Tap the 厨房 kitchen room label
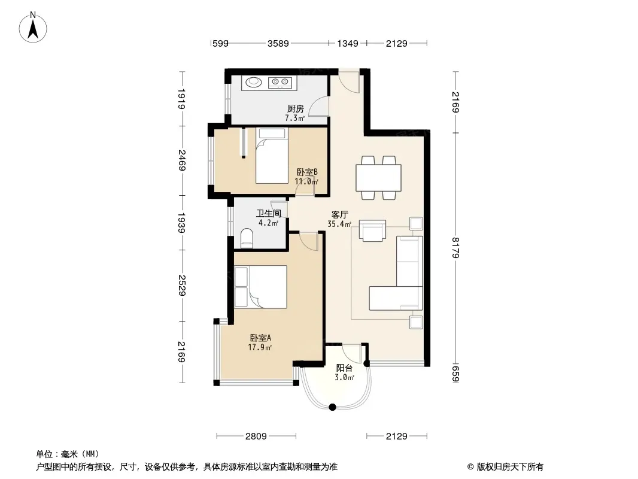pos(296,108)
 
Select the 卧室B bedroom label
pos(307,172)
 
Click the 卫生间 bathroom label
pos(269,213)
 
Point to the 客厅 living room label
pos(339,214)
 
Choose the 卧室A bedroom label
pos(260,338)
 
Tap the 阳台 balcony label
pos(344,368)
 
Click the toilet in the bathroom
pos(247,238)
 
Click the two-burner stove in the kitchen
pos(280,83)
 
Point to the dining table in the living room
pos(378,177)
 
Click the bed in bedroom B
pos(272,156)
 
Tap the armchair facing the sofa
pos(372,231)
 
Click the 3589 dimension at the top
pos(278,43)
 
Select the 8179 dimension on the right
pos(455,247)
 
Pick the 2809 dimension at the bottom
pos(256,436)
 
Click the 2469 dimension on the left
pos(182,160)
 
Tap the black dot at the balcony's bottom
pos(332,407)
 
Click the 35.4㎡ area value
pos(339,224)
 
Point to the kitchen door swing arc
pos(315,104)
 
